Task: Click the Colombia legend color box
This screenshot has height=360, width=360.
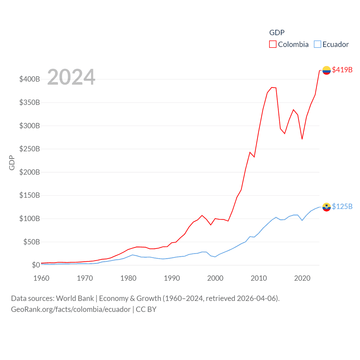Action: tap(273, 44)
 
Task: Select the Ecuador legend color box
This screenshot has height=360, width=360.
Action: tap(318, 44)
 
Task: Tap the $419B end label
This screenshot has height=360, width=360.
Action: tap(342, 70)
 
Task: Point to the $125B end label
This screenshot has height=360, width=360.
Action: tap(342, 206)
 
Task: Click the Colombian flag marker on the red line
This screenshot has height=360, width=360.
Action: tap(326, 70)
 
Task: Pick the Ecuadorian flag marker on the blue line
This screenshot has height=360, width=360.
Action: tap(326, 207)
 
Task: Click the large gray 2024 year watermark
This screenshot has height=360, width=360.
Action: tap(71, 77)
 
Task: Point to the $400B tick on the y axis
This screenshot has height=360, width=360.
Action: tap(30, 79)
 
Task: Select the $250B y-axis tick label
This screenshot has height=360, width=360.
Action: tap(30, 149)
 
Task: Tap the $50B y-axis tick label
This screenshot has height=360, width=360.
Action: tap(31, 242)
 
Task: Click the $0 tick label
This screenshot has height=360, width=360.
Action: tap(36, 265)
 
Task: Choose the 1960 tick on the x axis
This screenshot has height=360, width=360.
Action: tap(41, 278)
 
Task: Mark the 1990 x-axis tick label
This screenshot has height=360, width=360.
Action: tap(172, 278)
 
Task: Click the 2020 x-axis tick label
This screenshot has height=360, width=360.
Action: tap(302, 278)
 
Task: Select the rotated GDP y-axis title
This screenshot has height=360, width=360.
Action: tap(12, 163)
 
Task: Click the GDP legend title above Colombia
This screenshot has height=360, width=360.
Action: tap(277, 33)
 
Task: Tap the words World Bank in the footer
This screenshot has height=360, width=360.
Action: tap(75, 298)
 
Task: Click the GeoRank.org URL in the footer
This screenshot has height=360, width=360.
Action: tap(71, 309)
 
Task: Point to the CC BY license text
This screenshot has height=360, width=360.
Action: tap(146, 309)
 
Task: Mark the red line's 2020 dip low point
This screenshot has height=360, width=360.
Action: tap(302, 139)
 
